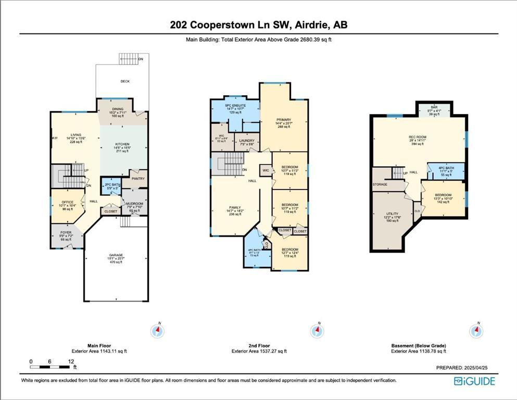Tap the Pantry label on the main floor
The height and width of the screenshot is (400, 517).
[x=138, y=179]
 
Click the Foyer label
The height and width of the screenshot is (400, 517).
[x=65, y=232]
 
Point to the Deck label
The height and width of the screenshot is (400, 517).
[x=125, y=81]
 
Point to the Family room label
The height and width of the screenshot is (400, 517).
[x=235, y=209]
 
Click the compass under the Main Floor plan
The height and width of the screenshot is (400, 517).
[x=157, y=330]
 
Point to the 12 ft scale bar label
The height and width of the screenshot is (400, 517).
[x=69, y=361]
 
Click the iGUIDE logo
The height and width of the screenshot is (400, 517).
[x=474, y=381]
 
